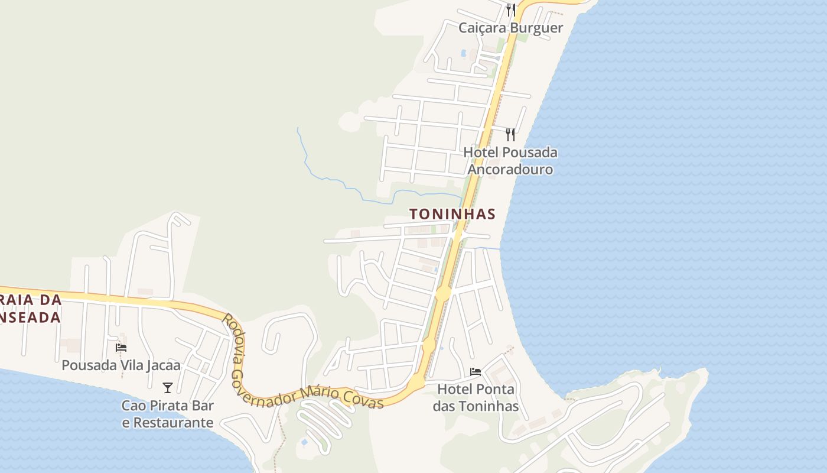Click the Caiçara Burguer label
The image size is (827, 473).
click(x=510, y=28)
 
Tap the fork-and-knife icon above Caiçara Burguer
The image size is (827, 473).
click(x=510, y=9)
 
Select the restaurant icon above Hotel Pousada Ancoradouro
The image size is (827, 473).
click(x=510, y=134)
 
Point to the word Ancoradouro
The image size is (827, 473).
click(x=510, y=169)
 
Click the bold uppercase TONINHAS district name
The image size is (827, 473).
click(x=452, y=214)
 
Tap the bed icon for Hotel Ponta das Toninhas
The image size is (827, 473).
click(x=476, y=372)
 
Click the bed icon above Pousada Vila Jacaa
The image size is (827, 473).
click(x=121, y=348)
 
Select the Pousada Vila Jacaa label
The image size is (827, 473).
click(x=121, y=365)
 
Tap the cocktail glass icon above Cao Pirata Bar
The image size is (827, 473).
click(x=168, y=388)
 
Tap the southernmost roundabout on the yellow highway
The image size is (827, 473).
click(x=416, y=383)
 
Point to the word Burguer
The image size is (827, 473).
click(x=537, y=28)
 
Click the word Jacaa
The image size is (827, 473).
click(x=162, y=365)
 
